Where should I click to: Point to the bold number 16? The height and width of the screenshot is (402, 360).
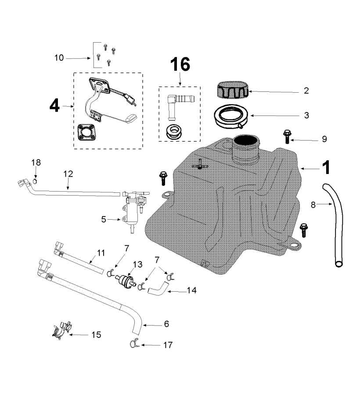tap(180, 65)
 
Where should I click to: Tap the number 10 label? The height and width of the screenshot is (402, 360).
tap(59, 58)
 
